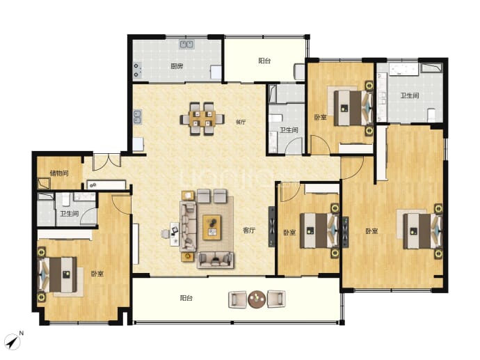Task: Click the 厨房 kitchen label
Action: pyautogui.click(x=177, y=66)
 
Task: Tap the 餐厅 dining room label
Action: pyautogui.click(x=241, y=122)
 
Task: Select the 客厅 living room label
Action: pyautogui.click(x=249, y=230)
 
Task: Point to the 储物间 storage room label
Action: pyautogui.click(x=59, y=173)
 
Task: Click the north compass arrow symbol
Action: pyautogui.click(x=13, y=342)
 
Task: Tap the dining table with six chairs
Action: pyautogui.click(x=202, y=118)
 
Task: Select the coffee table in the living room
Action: pyautogui.click(x=212, y=227)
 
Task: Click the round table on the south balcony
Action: pyautogui.click(x=257, y=299)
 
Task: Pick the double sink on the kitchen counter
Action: pyautogui.click(x=186, y=45)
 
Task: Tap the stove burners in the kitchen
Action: pyautogui.click(x=137, y=70)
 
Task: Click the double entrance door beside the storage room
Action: pyautogui.click(x=106, y=162)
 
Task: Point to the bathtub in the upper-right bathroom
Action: pyautogui.click(x=403, y=69)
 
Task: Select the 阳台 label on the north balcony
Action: pyautogui.click(x=264, y=61)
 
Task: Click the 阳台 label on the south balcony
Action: pyautogui.click(x=186, y=298)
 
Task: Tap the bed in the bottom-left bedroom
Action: pyautogui.click(x=57, y=274)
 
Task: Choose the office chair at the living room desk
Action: pyautogui.click(x=166, y=234)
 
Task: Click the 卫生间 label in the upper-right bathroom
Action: pyautogui.click(x=410, y=95)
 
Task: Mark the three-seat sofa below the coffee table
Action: pyautogui.click(x=216, y=260)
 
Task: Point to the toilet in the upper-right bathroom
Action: pyautogui.click(x=431, y=114)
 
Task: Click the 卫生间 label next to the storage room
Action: pyautogui.click(x=69, y=214)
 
